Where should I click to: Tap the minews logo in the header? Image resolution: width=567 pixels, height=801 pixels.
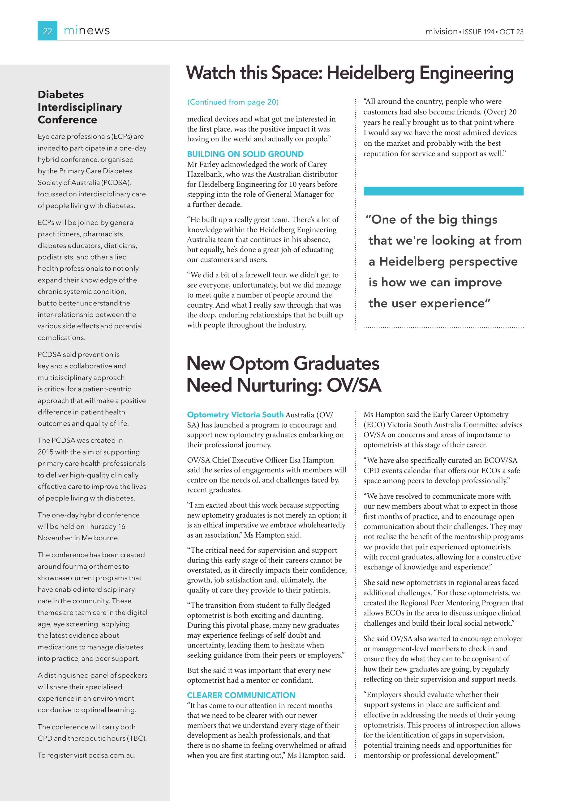pos(87,31)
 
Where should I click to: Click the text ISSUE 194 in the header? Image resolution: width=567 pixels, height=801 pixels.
pos(478,32)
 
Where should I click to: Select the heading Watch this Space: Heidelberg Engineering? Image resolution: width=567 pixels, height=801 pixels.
pos(349,73)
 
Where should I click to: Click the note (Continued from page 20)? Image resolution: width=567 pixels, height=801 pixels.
pos(233,102)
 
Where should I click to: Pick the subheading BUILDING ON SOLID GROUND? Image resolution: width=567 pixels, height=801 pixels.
pos(245,154)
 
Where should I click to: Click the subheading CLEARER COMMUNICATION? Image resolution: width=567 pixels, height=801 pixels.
pos(241,695)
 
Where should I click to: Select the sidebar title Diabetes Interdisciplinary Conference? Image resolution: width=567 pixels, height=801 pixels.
pos(80,107)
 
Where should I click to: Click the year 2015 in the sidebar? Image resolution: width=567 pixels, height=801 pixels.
pos(45,452)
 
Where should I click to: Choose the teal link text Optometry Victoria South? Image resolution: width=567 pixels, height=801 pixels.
pos(235,415)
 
